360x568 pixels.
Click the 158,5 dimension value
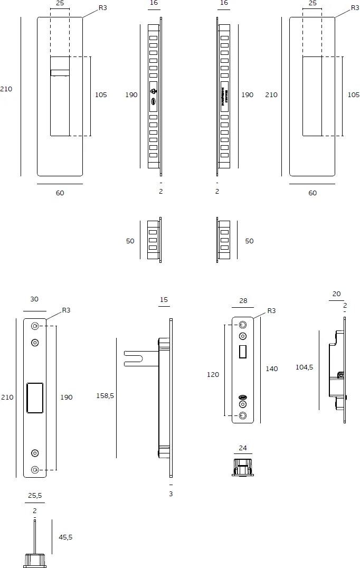pyautogui.click(x=105, y=395)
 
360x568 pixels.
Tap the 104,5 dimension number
pyautogui.click(x=304, y=367)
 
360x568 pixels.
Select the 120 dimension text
pyautogui.click(x=213, y=374)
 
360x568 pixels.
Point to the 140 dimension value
pyautogui.click(x=271, y=368)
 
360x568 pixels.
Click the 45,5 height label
pyautogui.click(x=65, y=537)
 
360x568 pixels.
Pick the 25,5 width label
pyautogui.click(x=34, y=496)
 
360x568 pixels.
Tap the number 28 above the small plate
pyautogui.click(x=243, y=300)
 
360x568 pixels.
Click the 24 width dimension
pyautogui.click(x=242, y=448)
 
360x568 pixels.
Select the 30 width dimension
pyautogui.click(x=34, y=299)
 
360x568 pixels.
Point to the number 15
pyautogui.click(x=164, y=300)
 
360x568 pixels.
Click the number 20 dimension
pyautogui.click(x=336, y=294)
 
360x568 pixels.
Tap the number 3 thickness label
pyautogui.click(x=170, y=494)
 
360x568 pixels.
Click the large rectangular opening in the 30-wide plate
pyautogui.click(x=35, y=397)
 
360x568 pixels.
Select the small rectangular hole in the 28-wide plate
pyautogui.click(x=243, y=352)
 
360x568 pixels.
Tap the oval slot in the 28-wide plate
pyautogui.click(x=243, y=397)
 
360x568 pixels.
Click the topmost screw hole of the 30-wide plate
pyautogui.click(x=35, y=326)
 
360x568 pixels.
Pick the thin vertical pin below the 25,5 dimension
pyautogui.click(x=34, y=536)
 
